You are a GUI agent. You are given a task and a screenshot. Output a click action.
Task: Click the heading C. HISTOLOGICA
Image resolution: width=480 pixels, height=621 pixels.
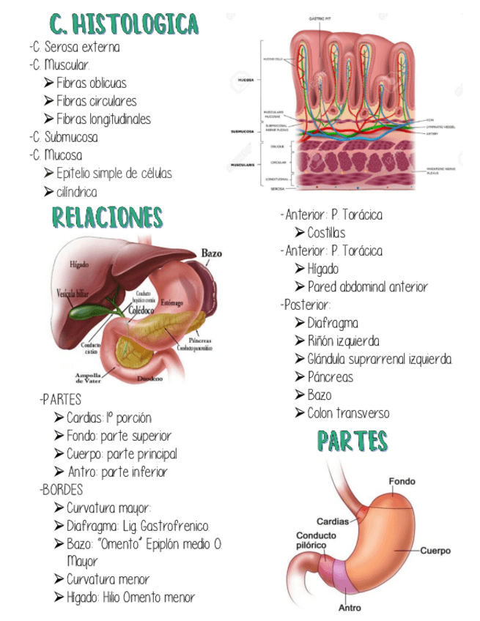[x=125, y=23]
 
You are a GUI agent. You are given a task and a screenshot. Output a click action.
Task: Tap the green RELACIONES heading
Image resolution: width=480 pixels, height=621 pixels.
[x=108, y=217]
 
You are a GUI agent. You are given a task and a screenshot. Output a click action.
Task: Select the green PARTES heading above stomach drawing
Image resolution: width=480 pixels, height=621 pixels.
[x=352, y=441]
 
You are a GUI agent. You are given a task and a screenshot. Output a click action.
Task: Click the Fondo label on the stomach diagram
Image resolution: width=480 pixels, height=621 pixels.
[x=402, y=481]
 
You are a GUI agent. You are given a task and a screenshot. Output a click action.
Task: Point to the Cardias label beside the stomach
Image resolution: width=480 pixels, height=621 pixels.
[x=332, y=522]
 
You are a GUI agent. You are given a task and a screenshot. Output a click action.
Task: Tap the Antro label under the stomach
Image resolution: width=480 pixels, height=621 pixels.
[x=350, y=608]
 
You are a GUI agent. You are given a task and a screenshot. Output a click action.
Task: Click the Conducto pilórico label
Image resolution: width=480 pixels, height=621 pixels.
[x=316, y=540]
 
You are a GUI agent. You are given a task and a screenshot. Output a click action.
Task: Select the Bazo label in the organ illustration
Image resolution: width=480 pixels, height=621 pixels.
[x=211, y=253]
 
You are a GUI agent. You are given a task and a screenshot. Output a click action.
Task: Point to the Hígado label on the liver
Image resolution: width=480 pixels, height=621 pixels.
[x=80, y=264]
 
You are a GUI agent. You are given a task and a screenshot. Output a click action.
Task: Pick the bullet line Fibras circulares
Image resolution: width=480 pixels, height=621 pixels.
[x=96, y=101]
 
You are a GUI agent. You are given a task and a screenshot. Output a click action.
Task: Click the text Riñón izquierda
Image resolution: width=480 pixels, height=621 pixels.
[x=343, y=341]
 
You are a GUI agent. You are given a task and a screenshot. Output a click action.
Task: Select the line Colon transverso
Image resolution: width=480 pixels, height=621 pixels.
[x=348, y=413]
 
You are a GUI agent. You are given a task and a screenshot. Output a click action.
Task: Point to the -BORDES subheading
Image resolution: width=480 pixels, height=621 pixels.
[x=63, y=490]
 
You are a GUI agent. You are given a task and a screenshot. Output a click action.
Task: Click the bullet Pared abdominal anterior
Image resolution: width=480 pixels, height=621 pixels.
[x=367, y=287]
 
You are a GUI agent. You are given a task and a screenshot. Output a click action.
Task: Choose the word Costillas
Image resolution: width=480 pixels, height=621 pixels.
[x=326, y=233]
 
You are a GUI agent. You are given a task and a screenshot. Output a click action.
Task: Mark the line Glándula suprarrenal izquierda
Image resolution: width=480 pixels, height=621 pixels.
[x=380, y=359]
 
